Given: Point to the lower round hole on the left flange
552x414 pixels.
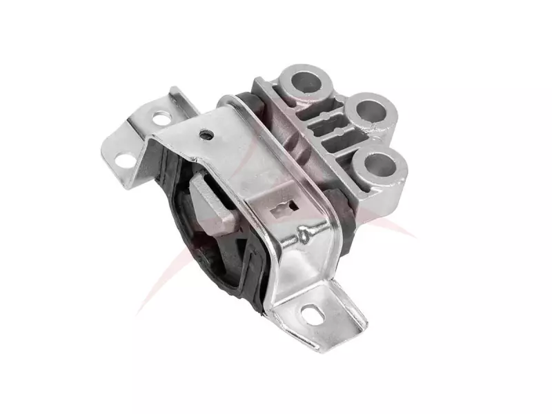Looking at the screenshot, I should tap(126, 160).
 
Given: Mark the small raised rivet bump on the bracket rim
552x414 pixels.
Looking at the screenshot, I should tap(302, 237).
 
